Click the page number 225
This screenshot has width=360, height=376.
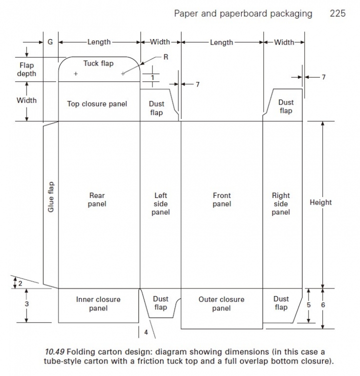click(337, 13)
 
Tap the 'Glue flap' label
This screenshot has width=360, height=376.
click(50, 196)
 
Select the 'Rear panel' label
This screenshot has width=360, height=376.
click(97, 199)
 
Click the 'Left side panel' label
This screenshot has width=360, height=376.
click(160, 203)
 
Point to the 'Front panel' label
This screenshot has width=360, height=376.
click(221, 199)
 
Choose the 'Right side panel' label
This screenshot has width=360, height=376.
click(281, 203)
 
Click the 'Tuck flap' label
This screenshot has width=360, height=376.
click(98, 63)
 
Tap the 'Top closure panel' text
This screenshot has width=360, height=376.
click(97, 104)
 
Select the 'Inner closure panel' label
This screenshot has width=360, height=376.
click(98, 304)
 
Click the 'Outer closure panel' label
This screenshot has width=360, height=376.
click(221, 304)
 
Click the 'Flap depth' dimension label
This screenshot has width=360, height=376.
click(26, 69)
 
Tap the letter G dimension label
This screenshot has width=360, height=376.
click(50, 42)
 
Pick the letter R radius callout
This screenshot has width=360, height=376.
click(165, 57)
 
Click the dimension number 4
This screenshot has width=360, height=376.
click(146, 332)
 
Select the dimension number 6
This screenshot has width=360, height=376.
click(323, 304)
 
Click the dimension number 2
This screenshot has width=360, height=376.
click(20, 283)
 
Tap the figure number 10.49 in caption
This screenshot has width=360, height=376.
click(54, 350)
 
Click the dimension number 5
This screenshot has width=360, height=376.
click(309, 304)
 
